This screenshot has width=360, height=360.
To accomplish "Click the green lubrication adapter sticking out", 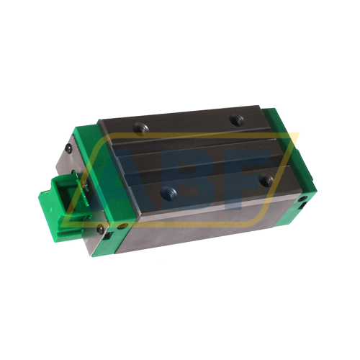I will (x=55, y=197).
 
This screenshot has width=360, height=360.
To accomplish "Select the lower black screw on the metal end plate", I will (x=100, y=230).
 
